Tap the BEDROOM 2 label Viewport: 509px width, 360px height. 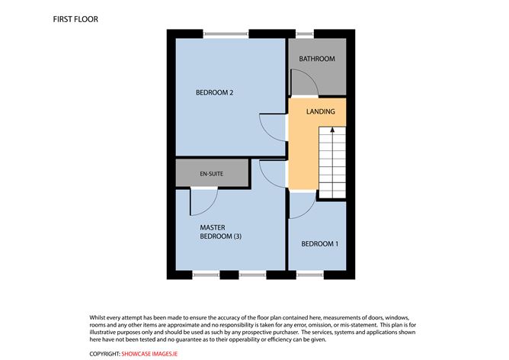click(214, 93)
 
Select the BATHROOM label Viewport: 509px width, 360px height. click(317, 59)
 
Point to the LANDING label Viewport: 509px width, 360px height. click(320, 112)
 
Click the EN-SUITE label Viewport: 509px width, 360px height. click(211, 174)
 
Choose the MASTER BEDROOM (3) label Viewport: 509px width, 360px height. click(220, 232)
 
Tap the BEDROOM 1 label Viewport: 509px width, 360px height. click(320, 244)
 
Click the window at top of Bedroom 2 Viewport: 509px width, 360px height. click(226, 33)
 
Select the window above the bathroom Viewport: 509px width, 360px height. click(305, 33)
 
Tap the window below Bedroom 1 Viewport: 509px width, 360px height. click(310, 274)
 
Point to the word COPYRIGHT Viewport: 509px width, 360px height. click(105, 354)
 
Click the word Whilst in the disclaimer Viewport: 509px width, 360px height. click(99, 317)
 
